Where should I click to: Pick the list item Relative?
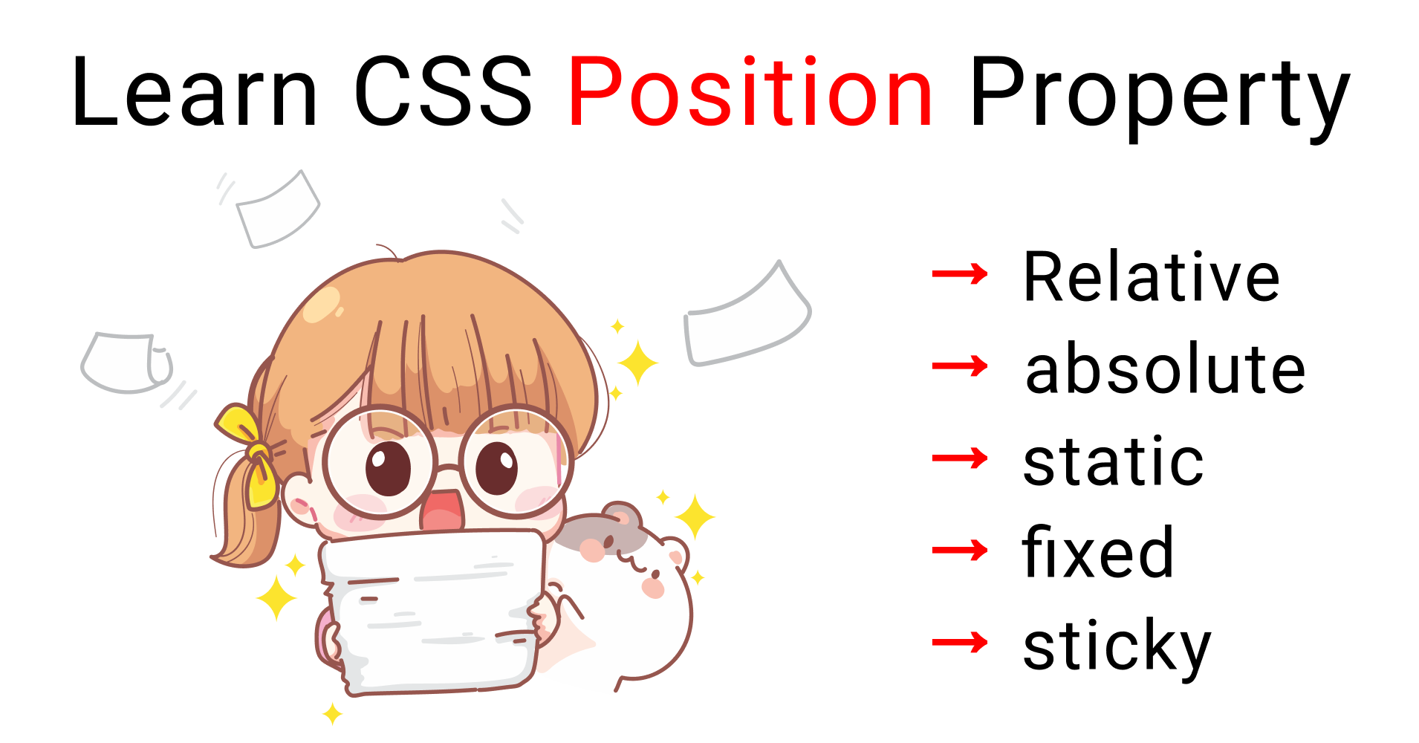(x=1152, y=277)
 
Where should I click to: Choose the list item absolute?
(x=1165, y=369)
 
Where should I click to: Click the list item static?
(x=1113, y=461)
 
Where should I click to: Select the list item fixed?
(x=1098, y=553)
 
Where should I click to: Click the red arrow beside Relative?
(x=959, y=274)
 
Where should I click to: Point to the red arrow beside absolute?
(x=959, y=366)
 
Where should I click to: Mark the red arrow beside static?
(x=959, y=458)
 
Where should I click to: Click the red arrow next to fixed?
(x=959, y=551)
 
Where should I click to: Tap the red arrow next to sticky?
(x=959, y=643)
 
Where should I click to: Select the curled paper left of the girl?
(x=126, y=363)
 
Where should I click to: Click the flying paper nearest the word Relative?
(x=747, y=319)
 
